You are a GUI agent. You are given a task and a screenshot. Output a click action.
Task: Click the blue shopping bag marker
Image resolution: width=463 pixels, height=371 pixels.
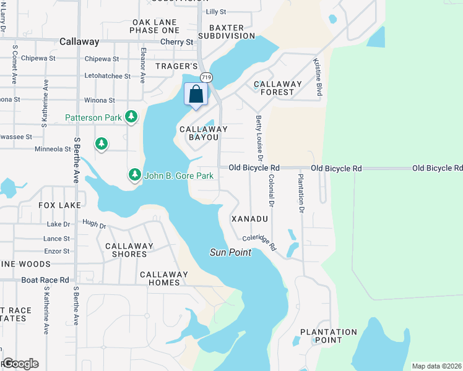[x=196, y=95]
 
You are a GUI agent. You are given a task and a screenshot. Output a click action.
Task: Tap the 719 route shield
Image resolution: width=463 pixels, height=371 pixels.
[x=206, y=77]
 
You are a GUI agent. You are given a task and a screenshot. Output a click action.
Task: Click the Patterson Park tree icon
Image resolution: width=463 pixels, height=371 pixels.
[x=131, y=117]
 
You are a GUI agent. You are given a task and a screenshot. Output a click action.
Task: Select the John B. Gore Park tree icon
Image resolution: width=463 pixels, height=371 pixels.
[x=135, y=176]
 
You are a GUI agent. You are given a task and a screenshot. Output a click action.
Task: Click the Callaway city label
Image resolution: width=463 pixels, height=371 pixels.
[x=79, y=41]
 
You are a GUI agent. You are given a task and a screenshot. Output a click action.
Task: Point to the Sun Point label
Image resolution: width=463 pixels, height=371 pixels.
[x=230, y=252]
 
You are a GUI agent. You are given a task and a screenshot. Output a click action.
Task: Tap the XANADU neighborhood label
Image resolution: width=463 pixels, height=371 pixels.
[x=249, y=219]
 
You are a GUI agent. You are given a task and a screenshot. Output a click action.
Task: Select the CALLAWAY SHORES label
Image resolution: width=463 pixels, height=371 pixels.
[x=129, y=250]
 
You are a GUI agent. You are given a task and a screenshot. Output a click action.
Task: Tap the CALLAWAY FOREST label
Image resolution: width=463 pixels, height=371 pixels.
[x=277, y=88]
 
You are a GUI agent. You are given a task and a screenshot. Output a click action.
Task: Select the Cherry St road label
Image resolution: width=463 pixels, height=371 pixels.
[x=176, y=42]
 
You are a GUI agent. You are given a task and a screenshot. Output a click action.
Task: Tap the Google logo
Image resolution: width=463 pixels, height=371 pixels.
[x=20, y=364]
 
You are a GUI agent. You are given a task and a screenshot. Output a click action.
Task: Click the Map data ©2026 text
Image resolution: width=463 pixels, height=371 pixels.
[x=436, y=366]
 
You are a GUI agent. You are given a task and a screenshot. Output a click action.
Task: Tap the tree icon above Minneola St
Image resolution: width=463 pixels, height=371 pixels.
[x=102, y=144]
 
